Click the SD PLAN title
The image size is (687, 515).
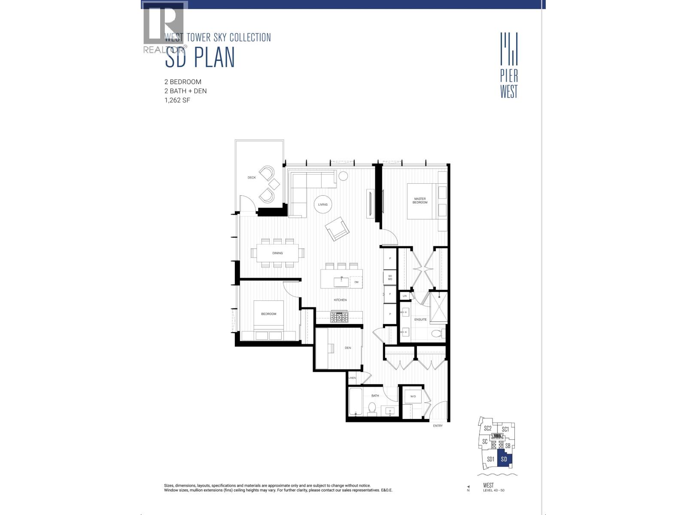(200, 58)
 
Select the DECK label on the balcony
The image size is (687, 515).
(252, 178)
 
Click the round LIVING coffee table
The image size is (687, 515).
(323, 204)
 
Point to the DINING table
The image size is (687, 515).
(277, 253)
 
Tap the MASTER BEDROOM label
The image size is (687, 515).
(420, 200)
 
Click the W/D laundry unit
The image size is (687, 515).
(413, 397)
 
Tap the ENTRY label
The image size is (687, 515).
(438, 426)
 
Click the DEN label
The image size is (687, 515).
(348, 348)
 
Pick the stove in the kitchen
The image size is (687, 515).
(340, 318)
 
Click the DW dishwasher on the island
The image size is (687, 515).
(356, 282)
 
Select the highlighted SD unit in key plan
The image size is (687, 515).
(505, 459)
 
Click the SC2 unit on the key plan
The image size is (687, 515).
(488, 428)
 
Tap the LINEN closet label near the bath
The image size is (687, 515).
(352, 378)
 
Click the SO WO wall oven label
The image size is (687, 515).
(390, 277)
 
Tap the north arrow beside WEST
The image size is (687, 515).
(468, 488)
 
